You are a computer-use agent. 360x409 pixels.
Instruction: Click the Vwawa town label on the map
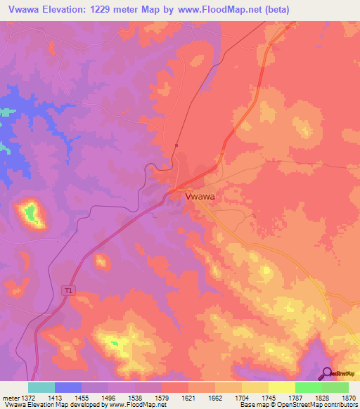click(200, 197)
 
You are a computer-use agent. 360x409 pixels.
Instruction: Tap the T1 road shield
click(68, 290)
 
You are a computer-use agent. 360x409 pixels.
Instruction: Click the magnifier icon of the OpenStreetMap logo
click(326, 373)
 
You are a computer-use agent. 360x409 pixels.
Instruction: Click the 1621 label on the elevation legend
click(188, 397)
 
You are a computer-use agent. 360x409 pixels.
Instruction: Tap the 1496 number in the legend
click(108, 397)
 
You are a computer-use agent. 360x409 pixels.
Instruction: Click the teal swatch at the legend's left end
click(41, 387)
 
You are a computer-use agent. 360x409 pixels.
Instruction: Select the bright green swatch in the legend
click(308, 387)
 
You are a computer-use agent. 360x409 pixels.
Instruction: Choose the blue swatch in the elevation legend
click(68, 387)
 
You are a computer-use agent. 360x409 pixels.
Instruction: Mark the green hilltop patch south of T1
click(113, 342)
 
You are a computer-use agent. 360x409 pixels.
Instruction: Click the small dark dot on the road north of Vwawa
click(177, 145)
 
